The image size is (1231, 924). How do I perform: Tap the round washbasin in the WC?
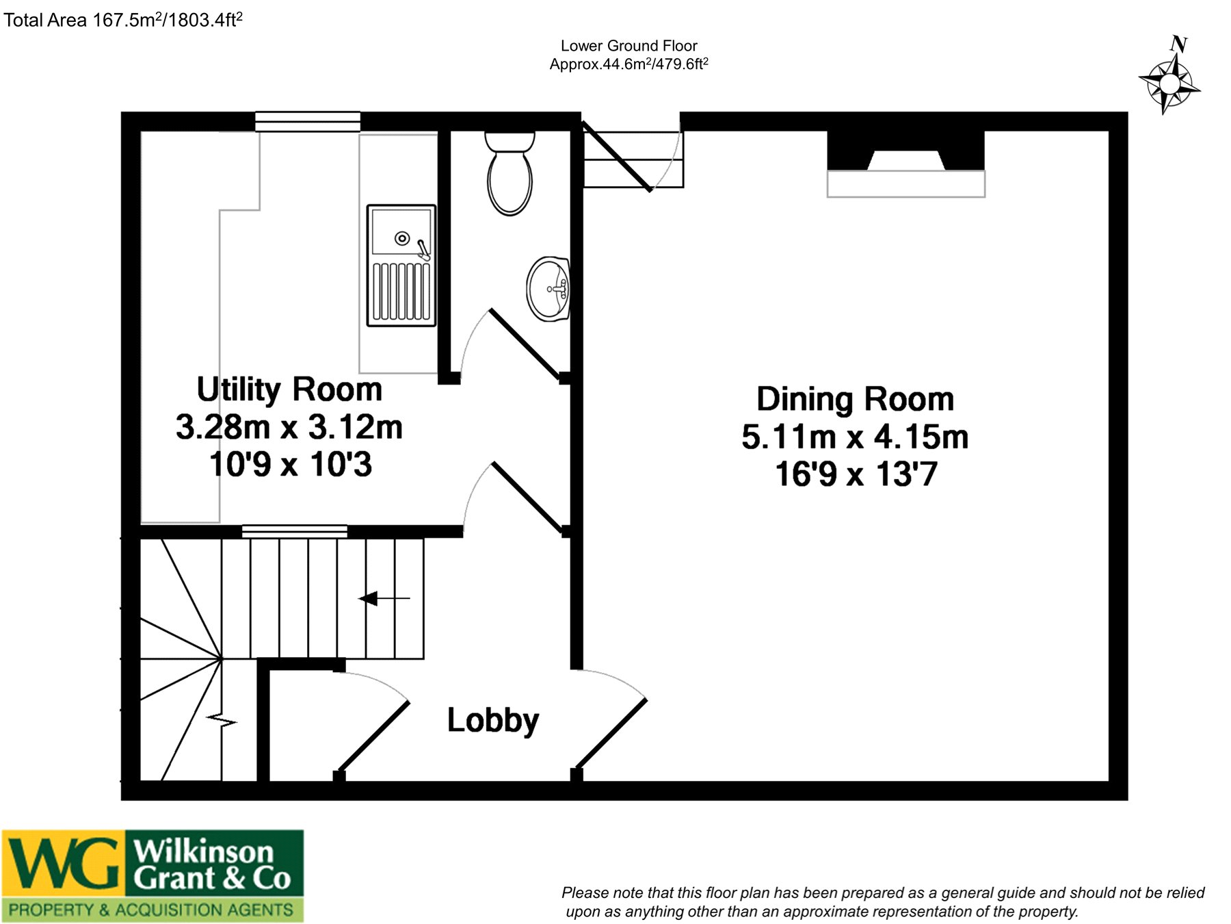pos(548,289)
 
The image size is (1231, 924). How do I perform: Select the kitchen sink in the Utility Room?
pos(401,265)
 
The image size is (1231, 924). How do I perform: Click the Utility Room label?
pos(289,389)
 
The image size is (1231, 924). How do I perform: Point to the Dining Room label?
pos(855,399)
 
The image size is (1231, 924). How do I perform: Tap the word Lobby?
pos(493,721)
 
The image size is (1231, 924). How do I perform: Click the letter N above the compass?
pos(1178,44)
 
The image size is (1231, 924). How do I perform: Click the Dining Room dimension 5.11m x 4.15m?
pos(855,437)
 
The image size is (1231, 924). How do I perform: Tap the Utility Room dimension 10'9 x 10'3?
pos(291,464)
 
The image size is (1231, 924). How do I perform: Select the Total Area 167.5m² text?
pos(123,19)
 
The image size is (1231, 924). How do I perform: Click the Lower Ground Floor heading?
pos(629,46)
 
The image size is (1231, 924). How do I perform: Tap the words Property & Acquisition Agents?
pos(151,910)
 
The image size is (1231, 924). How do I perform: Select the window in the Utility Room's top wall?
pos(308,121)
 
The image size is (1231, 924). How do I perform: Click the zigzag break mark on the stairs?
pos(222,721)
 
